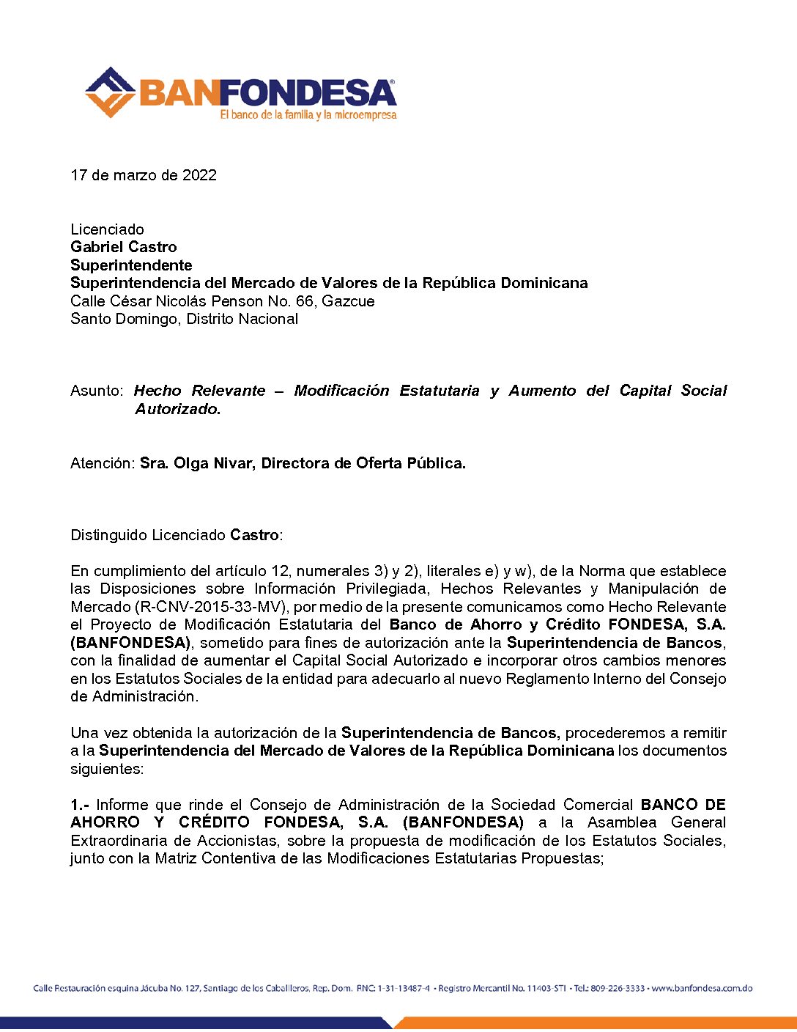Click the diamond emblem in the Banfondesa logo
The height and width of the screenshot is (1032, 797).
pyautogui.click(x=110, y=92)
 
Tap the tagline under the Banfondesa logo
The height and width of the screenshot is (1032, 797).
pyautogui.click(x=308, y=115)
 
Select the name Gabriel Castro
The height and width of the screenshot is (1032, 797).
pyautogui.click(x=123, y=247)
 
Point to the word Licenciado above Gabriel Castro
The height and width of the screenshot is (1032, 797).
pyautogui.click(x=107, y=229)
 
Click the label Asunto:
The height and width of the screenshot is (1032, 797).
pyautogui.click(x=97, y=391)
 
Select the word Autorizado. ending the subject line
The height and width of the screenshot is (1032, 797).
pyautogui.click(x=177, y=409)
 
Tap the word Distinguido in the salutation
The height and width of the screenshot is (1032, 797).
pyautogui.click(x=109, y=535)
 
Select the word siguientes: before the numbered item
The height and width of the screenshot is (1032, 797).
pyautogui.click(x=107, y=769)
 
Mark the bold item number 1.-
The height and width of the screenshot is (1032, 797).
pyautogui.click(x=80, y=805)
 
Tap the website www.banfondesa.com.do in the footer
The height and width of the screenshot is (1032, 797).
pyautogui.click(x=702, y=988)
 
